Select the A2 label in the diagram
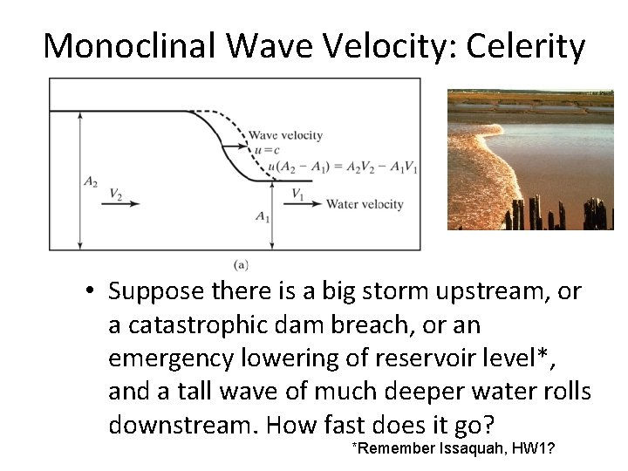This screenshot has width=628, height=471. [91, 181]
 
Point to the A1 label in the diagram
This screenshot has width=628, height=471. [262, 214]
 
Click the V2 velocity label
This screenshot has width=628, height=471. [116, 193]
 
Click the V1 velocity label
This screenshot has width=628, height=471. [297, 193]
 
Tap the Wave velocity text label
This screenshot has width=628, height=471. [285, 135]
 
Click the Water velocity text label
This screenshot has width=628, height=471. [365, 204]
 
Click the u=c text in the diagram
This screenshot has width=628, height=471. [264, 150]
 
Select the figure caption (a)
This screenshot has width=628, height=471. [240, 263]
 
